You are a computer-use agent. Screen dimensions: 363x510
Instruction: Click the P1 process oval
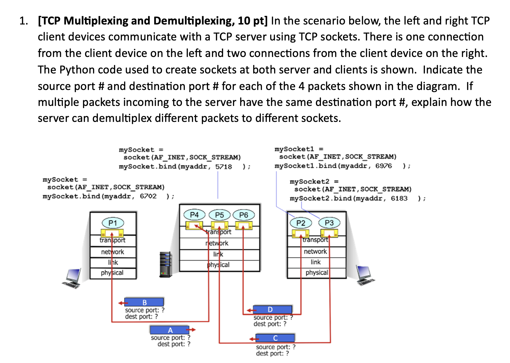coord(113,223)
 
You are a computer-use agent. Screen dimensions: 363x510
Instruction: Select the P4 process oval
coord(194,214)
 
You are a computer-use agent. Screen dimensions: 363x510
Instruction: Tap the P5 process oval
coord(219,215)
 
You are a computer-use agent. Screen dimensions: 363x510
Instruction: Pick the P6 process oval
coord(244,215)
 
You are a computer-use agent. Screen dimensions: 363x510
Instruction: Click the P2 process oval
coord(301,223)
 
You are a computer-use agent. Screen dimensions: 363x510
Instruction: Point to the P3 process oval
coord(329,223)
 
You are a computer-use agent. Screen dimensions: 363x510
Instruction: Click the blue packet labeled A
coord(170,330)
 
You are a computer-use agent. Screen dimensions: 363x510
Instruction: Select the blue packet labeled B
coord(144,302)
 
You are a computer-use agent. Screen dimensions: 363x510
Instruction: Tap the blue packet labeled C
coord(275,338)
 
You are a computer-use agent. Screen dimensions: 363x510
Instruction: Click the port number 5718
coord(223,167)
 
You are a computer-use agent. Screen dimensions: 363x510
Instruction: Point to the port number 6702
coord(148,196)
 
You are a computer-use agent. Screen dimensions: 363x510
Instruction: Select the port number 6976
coord(383,166)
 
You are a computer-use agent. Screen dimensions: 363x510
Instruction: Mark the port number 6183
coord(399,199)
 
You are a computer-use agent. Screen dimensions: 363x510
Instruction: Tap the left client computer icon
coord(72,278)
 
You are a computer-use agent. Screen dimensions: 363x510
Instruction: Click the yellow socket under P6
coord(244,226)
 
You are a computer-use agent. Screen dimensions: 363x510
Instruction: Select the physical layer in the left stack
coord(113,273)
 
